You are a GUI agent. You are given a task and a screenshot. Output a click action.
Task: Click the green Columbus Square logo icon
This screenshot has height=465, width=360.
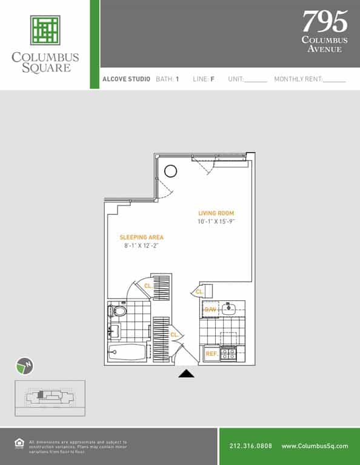click(45, 31)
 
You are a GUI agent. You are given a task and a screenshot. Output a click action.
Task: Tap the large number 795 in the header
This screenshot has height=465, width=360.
click(325, 22)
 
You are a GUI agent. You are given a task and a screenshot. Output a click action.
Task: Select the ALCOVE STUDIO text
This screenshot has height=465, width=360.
click(126, 79)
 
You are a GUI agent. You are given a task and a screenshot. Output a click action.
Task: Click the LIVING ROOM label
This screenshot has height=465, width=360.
click(216, 213)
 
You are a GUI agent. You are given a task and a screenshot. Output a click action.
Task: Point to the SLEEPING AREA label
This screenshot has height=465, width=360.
click(141, 237)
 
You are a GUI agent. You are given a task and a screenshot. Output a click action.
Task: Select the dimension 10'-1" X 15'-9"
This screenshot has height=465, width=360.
click(216, 222)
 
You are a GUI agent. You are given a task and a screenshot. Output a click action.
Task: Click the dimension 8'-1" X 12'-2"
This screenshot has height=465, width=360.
click(141, 246)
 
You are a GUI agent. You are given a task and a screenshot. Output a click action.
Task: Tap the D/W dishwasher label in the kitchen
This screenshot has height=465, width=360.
click(210, 309)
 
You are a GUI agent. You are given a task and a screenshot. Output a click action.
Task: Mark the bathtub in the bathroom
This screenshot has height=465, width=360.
click(127, 353)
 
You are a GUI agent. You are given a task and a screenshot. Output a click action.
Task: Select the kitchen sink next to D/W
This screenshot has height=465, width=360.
click(229, 309)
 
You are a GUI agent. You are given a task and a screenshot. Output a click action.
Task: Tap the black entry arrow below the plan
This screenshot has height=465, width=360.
click(186, 374)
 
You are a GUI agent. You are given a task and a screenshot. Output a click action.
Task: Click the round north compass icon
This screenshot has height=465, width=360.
click(25, 366)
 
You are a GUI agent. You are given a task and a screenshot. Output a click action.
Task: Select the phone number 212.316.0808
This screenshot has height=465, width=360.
click(251, 446)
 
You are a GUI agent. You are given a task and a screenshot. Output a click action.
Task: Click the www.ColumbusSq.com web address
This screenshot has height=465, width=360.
click(315, 446)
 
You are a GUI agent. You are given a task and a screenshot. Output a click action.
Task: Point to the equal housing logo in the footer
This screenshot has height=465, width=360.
click(18, 443)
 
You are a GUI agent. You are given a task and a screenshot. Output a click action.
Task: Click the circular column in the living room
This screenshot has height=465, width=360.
click(171, 171)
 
